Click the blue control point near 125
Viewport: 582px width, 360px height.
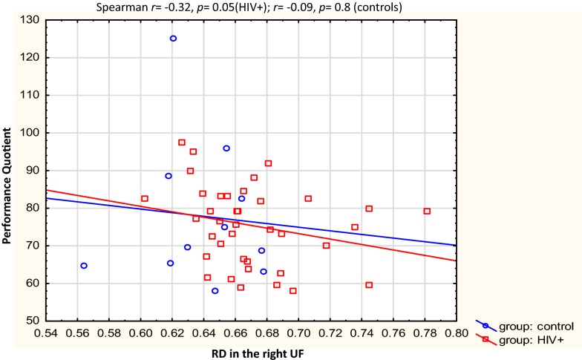(173, 39)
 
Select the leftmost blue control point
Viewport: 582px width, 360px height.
(84, 266)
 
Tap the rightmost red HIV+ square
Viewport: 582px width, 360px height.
(427, 211)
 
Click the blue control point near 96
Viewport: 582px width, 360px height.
(226, 148)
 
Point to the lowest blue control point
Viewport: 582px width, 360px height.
(215, 291)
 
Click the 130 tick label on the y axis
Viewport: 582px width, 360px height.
(30, 20)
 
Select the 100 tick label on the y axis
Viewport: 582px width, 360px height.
(30, 133)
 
